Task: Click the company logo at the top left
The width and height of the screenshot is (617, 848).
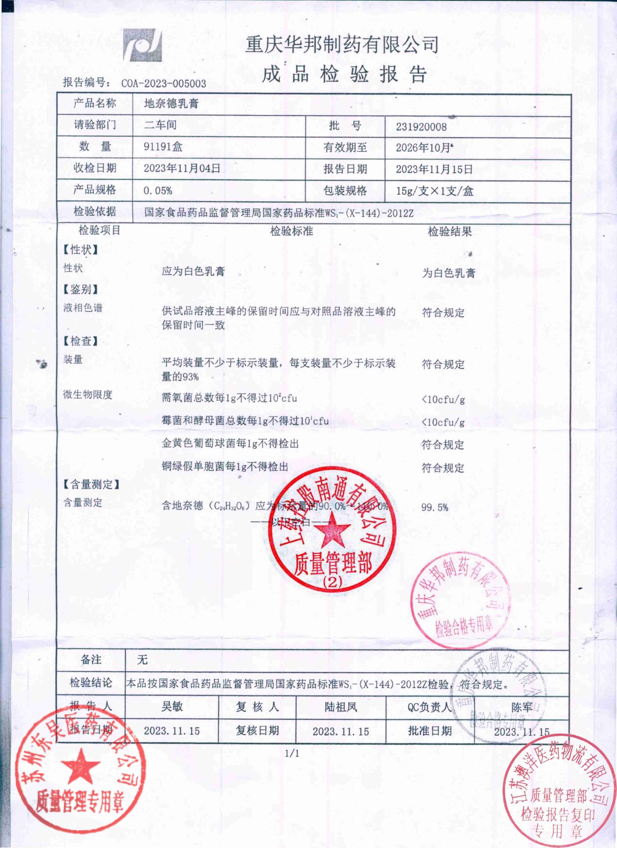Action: pos(142,45)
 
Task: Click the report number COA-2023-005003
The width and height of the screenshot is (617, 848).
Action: pos(163,83)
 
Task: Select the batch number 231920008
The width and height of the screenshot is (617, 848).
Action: pos(421,127)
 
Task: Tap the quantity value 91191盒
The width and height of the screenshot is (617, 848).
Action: pos(163,147)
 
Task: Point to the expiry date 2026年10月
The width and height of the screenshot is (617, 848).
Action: pos(423,148)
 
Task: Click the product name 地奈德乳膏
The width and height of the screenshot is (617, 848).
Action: pos(171,104)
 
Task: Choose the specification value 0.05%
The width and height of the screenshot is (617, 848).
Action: pos(158,191)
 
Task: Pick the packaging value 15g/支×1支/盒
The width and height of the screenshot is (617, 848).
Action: pos(434,191)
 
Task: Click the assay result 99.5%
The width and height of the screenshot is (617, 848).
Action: pos(435,507)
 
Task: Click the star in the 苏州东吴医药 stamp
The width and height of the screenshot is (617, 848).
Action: pos(80,767)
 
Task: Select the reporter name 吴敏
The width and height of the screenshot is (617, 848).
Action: pos(172,707)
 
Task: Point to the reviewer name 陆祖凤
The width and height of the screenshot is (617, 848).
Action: pos(341,707)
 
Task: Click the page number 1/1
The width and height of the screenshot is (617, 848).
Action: pos(292,753)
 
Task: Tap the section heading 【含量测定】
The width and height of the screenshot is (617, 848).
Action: pos(91,485)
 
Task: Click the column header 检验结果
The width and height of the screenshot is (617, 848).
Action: pos(450,231)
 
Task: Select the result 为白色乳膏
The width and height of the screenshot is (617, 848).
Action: pos(448,273)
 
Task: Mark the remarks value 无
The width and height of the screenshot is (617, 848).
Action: pos(142,660)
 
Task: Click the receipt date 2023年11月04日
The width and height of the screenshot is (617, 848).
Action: pos(182,168)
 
